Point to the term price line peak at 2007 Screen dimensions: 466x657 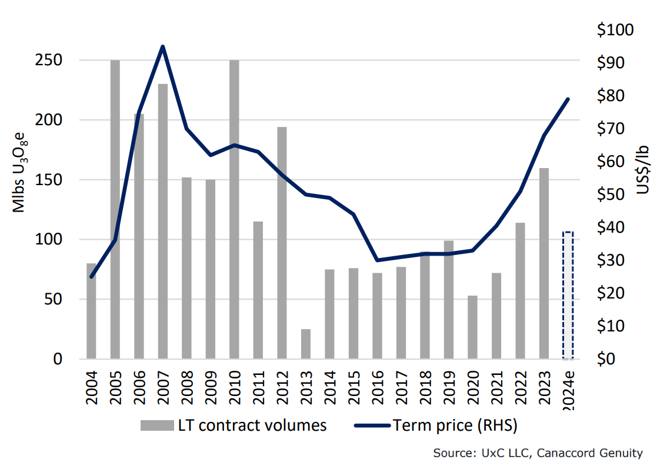point(162,46)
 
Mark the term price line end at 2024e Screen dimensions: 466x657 point(568,99)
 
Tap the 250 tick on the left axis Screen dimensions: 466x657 point(51,61)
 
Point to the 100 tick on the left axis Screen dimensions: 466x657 point(51,239)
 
